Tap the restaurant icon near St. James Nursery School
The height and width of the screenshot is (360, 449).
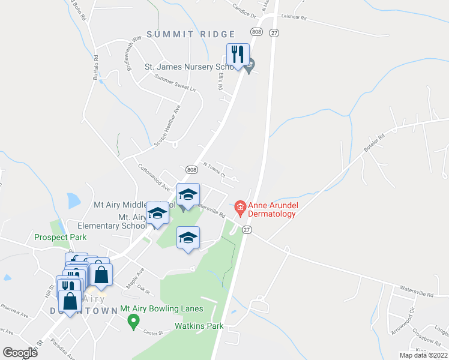click(x=238, y=55)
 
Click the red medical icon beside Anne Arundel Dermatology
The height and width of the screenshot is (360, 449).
click(x=241, y=209)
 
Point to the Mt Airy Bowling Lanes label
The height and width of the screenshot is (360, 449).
click(x=161, y=309)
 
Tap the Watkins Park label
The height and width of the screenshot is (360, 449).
click(x=199, y=326)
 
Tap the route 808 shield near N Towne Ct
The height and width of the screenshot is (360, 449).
click(x=191, y=170)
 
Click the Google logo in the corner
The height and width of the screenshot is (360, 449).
click(x=20, y=352)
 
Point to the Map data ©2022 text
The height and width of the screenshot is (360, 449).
click(x=424, y=355)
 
